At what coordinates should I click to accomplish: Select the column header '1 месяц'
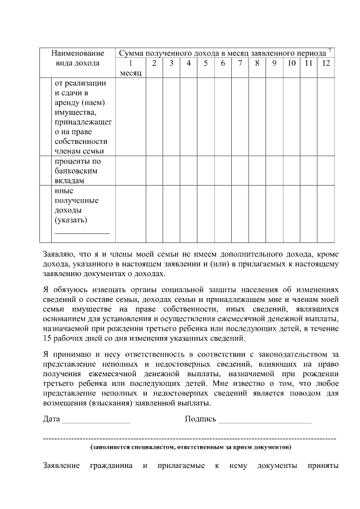tap(130, 68)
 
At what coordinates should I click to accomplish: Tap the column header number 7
tap(240, 63)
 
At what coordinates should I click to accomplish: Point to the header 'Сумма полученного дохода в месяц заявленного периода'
tap(222, 52)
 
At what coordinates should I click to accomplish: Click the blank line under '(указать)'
tap(82, 232)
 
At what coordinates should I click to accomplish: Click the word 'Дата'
tap(51, 419)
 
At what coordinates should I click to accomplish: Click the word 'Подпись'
tap(200, 419)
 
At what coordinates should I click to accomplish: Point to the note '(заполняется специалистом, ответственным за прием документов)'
tap(191, 448)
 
